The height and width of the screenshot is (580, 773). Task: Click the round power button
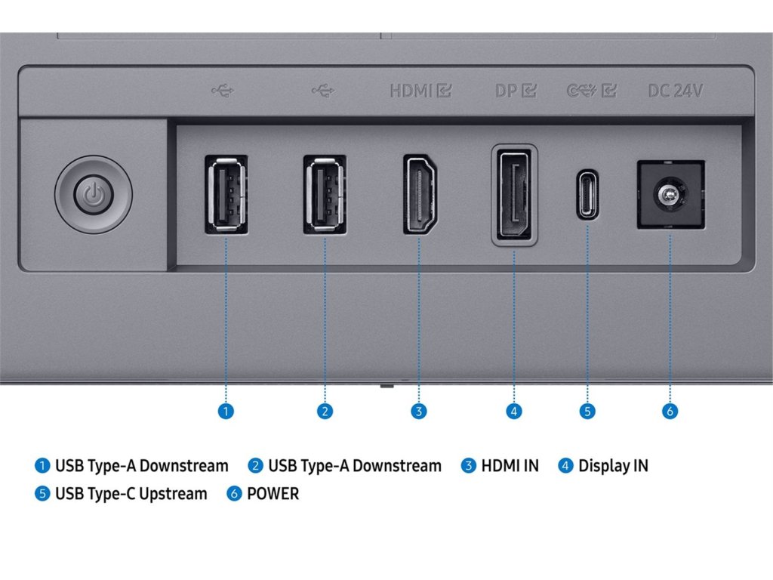pyautogui.click(x=94, y=196)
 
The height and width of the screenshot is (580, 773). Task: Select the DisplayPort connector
pyautogui.click(x=515, y=194)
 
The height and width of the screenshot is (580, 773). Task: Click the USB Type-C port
pyautogui.click(x=587, y=195)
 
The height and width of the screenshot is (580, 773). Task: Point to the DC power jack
pyautogui.click(x=670, y=195)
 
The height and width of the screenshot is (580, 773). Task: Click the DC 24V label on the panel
pyautogui.click(x=675, y=91)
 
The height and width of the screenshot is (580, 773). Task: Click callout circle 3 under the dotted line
pyautogui.click(x=419, y=411)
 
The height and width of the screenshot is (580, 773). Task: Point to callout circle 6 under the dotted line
pyautogui.click(x=670, y=411)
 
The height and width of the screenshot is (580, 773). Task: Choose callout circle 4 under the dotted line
pyautogui.click(x=513, y=411)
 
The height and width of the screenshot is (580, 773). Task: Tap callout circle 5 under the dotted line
pyautogui.click(x=587, y=411)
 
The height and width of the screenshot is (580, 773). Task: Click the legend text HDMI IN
pyautogui.click(x=510, y=465)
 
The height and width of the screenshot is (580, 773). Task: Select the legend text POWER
pyautogui.click(x=273, y=494)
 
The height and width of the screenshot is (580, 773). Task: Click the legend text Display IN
pyautogui.click(x=613, y=465)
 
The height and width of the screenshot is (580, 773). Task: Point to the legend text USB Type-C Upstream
pyautogui.click(x=131, y=494)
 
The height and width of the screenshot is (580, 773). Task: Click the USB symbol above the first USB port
pyautogui.click(x=223, y=91)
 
